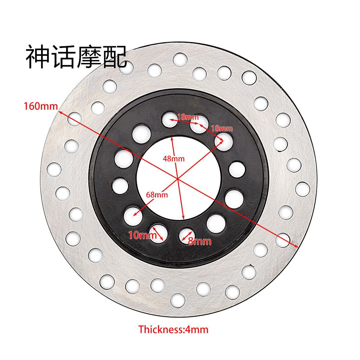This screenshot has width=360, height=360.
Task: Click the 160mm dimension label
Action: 41,106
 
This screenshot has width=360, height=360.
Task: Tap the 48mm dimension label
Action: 174,158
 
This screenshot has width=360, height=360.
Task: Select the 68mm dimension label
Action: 157,194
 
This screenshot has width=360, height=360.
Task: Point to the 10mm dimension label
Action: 142,235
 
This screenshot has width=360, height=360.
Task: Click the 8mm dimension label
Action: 200,241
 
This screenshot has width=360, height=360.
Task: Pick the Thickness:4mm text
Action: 173,329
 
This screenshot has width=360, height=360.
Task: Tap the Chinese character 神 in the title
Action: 37,57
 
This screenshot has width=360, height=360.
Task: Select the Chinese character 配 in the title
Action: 115,57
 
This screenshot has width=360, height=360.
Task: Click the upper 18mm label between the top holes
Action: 188,117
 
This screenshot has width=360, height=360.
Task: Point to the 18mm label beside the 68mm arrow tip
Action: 222,129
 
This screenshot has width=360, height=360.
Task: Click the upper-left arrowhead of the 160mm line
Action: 60,112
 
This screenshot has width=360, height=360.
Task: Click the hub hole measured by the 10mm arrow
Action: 158,233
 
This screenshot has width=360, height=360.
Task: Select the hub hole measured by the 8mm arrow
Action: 187,235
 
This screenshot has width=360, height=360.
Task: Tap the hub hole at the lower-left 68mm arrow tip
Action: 133,215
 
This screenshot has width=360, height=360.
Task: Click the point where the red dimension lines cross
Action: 178,179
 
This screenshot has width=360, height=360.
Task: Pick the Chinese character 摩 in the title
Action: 88,57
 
